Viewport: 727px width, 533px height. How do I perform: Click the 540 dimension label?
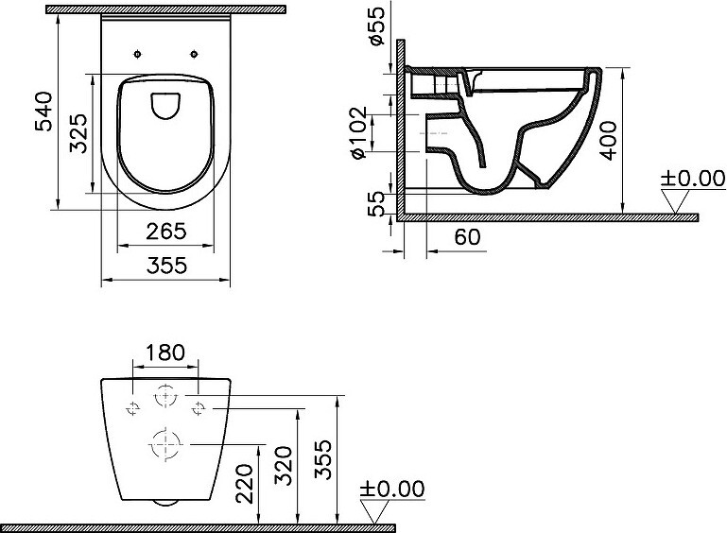point(44,112)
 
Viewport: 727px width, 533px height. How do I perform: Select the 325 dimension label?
point(78,133)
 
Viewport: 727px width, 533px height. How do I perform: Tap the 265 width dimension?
point(166,232)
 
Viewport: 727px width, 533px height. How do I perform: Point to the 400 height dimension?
point(608,141)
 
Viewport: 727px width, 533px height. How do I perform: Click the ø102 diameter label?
point(360,133)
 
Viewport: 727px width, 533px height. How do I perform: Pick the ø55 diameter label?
point(377,26)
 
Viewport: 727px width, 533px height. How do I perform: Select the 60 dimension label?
point(467,237)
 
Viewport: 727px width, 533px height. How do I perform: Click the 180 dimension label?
point(165,352)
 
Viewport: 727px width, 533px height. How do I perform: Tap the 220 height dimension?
point(244,484)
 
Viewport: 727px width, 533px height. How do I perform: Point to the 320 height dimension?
point(283,465)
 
